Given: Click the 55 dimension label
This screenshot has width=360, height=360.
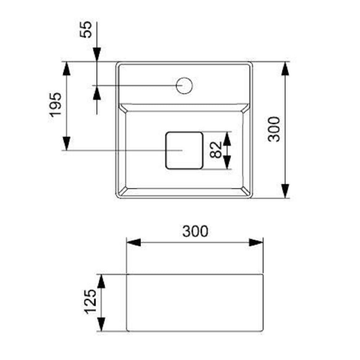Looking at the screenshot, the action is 85,30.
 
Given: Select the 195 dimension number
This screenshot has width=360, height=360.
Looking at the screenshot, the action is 56,105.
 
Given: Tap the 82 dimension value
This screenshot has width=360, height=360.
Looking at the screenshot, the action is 216,150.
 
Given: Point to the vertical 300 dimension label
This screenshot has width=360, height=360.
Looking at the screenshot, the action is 274,129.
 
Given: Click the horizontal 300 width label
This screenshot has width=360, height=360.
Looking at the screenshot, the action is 195,231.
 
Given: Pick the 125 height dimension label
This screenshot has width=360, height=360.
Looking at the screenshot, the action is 90,302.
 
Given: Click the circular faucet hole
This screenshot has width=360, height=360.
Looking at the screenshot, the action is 184,86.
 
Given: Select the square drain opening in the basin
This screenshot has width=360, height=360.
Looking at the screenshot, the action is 184,150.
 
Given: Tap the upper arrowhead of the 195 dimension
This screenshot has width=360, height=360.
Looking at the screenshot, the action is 67,68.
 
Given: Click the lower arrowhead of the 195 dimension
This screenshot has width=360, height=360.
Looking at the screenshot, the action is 67,144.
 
